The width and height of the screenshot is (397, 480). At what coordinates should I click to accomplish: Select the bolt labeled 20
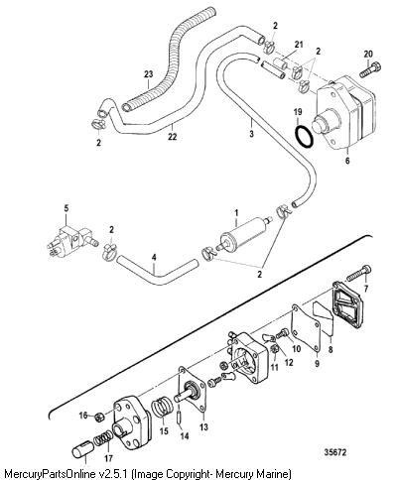click(x=370, y=69)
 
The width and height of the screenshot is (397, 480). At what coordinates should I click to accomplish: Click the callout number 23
click(x=148, y=74)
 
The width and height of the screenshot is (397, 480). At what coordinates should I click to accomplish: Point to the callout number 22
click(x=172, y=136)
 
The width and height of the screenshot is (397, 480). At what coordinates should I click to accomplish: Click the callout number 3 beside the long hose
click(x=252, y=134)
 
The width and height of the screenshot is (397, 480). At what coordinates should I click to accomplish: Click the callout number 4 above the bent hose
click(x=154, y=257)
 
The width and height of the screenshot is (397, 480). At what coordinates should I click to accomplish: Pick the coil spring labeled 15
click(x=162, y=410)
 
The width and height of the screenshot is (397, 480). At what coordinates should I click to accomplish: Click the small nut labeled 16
click(x=99, y=418)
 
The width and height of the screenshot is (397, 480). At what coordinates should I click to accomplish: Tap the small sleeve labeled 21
click(x=280, y=63)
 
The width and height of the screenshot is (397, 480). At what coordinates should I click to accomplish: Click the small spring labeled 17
click(x=102, y=440)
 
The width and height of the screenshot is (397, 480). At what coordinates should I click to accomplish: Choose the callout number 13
click(x=203, y=426)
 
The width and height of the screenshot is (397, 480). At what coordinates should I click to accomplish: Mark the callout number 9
click(x=317, y=364)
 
